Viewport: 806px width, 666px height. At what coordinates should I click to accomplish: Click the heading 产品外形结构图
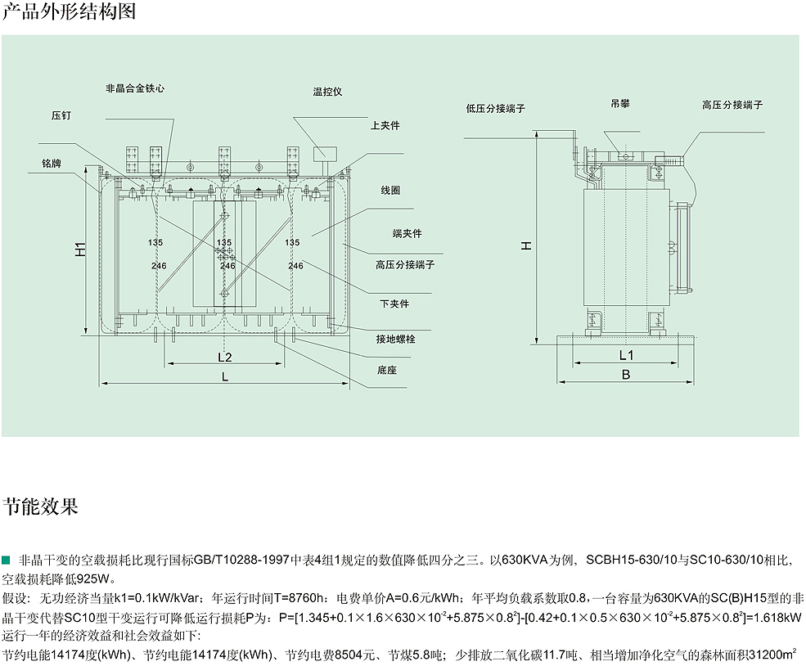coord(69,12)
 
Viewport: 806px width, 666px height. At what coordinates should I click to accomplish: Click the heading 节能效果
coord(40,505)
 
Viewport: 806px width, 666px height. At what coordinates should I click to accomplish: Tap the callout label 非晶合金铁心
coord(135,88)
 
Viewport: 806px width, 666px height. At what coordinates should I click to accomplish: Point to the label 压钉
coord(61,116)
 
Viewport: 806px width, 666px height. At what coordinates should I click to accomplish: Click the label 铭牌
coord(52,164)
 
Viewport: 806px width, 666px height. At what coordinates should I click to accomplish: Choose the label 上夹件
coord(385,126)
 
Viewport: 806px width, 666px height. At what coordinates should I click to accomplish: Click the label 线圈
coord(390,190)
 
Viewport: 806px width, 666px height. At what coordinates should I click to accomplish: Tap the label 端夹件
coord(407,234)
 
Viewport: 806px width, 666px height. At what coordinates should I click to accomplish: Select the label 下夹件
coord(394,304)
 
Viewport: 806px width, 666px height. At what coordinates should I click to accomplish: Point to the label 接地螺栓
coord(395,339)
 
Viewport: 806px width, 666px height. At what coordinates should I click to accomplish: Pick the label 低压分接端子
coord(495,108)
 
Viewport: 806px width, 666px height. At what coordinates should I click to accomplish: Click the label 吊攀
coord(619,105)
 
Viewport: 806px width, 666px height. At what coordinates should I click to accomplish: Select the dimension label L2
coord(225,357)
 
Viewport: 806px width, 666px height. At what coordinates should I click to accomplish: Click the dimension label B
coord(626,376)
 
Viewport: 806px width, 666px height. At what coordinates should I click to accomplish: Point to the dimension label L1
coord(626,355)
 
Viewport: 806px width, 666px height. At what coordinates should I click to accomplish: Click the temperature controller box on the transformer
coord(325,151)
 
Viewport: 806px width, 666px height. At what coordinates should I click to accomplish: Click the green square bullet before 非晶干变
coord(7,560)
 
